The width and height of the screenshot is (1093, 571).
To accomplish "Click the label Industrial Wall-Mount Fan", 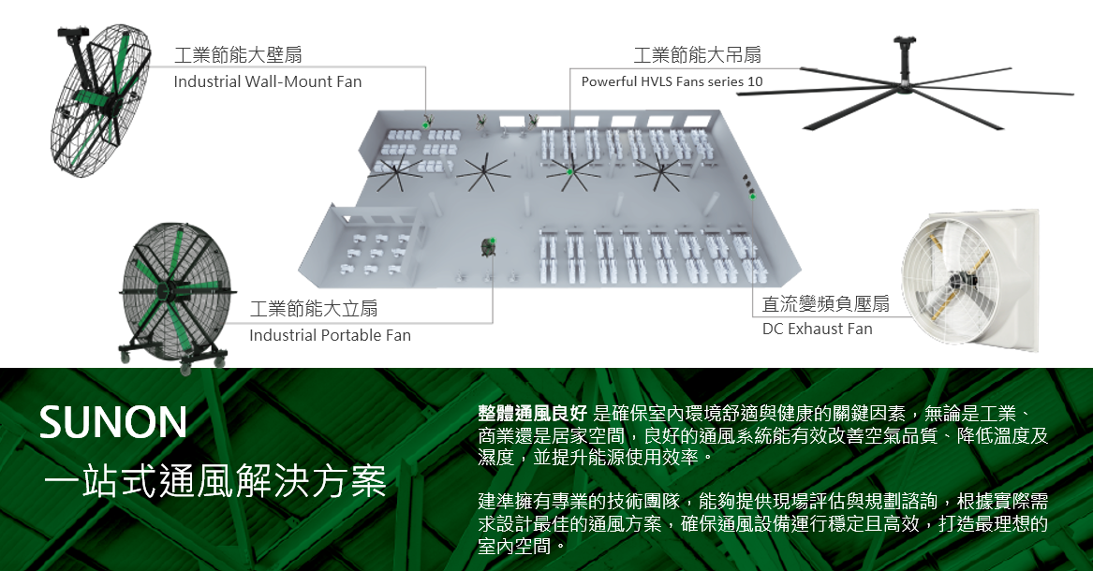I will click(x=267, y=81).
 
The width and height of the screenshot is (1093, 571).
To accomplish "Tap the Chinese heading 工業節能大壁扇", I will click(x=238, y=56).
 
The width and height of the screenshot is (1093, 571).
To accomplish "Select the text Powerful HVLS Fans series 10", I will click(x=672, y=81).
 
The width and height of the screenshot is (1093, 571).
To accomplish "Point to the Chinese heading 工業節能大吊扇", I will click(x=697, y=56).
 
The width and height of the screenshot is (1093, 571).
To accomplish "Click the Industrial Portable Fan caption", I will click(x=330, y=335).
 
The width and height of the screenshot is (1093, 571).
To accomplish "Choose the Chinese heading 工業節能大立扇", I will click(x=314, y=309).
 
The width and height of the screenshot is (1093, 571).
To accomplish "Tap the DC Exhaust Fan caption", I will click(x=817, y=329).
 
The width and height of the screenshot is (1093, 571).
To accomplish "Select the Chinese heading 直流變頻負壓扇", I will click(x=825, y=303).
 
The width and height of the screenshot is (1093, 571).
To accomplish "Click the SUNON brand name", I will click(x=113, y=423).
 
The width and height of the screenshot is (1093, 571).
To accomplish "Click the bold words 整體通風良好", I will click(x=532, y=414).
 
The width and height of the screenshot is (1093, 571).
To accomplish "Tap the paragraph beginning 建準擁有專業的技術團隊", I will click(x=761, y=523).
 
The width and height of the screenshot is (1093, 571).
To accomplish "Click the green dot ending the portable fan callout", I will click(x=493, y=242).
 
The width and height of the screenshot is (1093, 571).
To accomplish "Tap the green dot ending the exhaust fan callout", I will click(x=752, y=197).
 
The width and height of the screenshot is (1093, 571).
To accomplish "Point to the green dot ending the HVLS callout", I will click(x=569, y=170).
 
